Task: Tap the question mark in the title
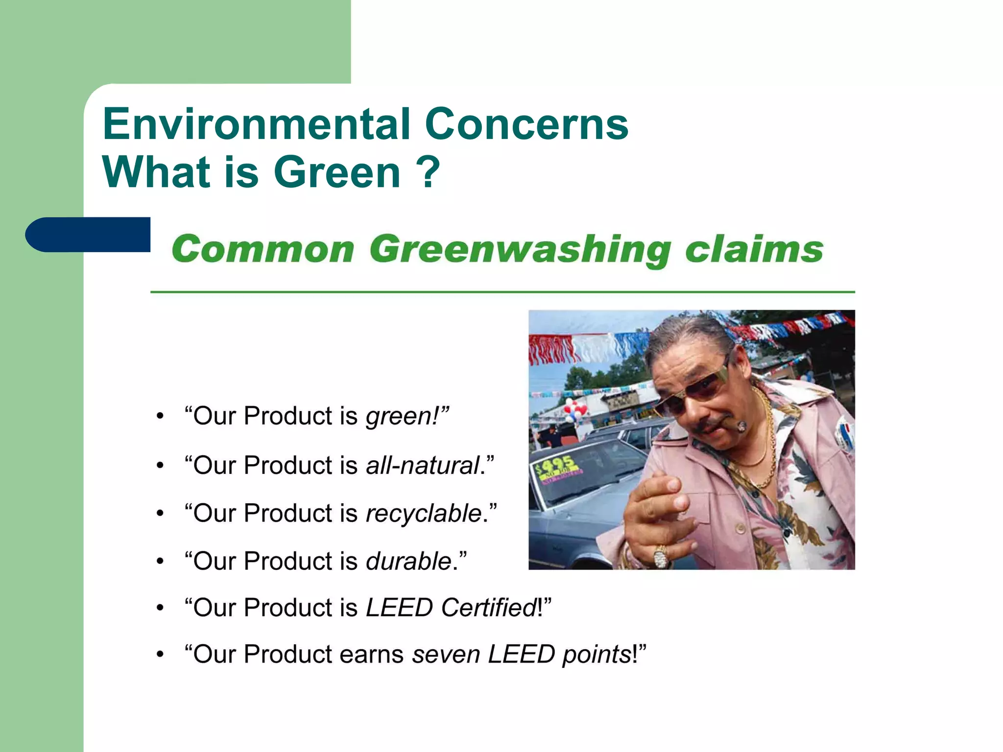[x=428, y=172]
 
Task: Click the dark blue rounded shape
[x=88, y=235]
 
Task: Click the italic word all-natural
[x=422, y=465]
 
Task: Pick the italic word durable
[x=408, y=561]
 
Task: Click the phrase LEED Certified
[x=451, y=608]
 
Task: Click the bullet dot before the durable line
[x=160, y=562]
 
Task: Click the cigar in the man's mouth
[x=740, y=426]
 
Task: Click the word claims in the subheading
[x=754, y=250]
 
